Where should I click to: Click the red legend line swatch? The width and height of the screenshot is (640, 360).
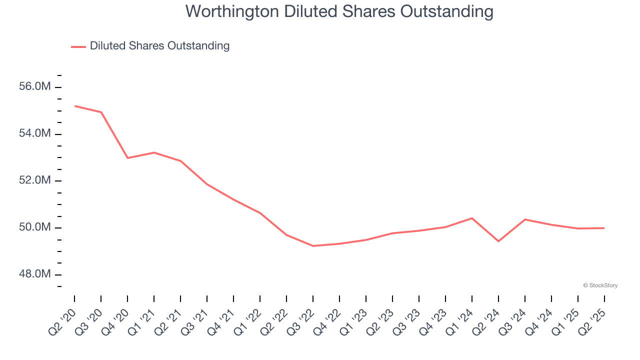pyautogui.click(x=78, y=46)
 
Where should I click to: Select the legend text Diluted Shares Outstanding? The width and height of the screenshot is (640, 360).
pyautogui.click(x=159, y=46)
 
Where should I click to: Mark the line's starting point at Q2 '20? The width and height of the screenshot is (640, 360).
pyautogui.click(x=74, y=106)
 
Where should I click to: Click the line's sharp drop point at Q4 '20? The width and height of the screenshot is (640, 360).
pyautogui.click(x=127, y=158)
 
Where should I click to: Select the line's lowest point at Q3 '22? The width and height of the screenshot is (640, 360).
pyautogui.click(x=313, y=246)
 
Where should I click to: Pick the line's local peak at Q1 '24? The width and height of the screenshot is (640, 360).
pyautogui.click(x=472, y=218)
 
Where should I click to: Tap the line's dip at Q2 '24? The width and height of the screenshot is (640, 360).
pyautogui.click(x=498, y=241)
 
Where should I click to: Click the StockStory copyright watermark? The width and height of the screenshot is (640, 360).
pyautogui.click(x=600, y=285)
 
